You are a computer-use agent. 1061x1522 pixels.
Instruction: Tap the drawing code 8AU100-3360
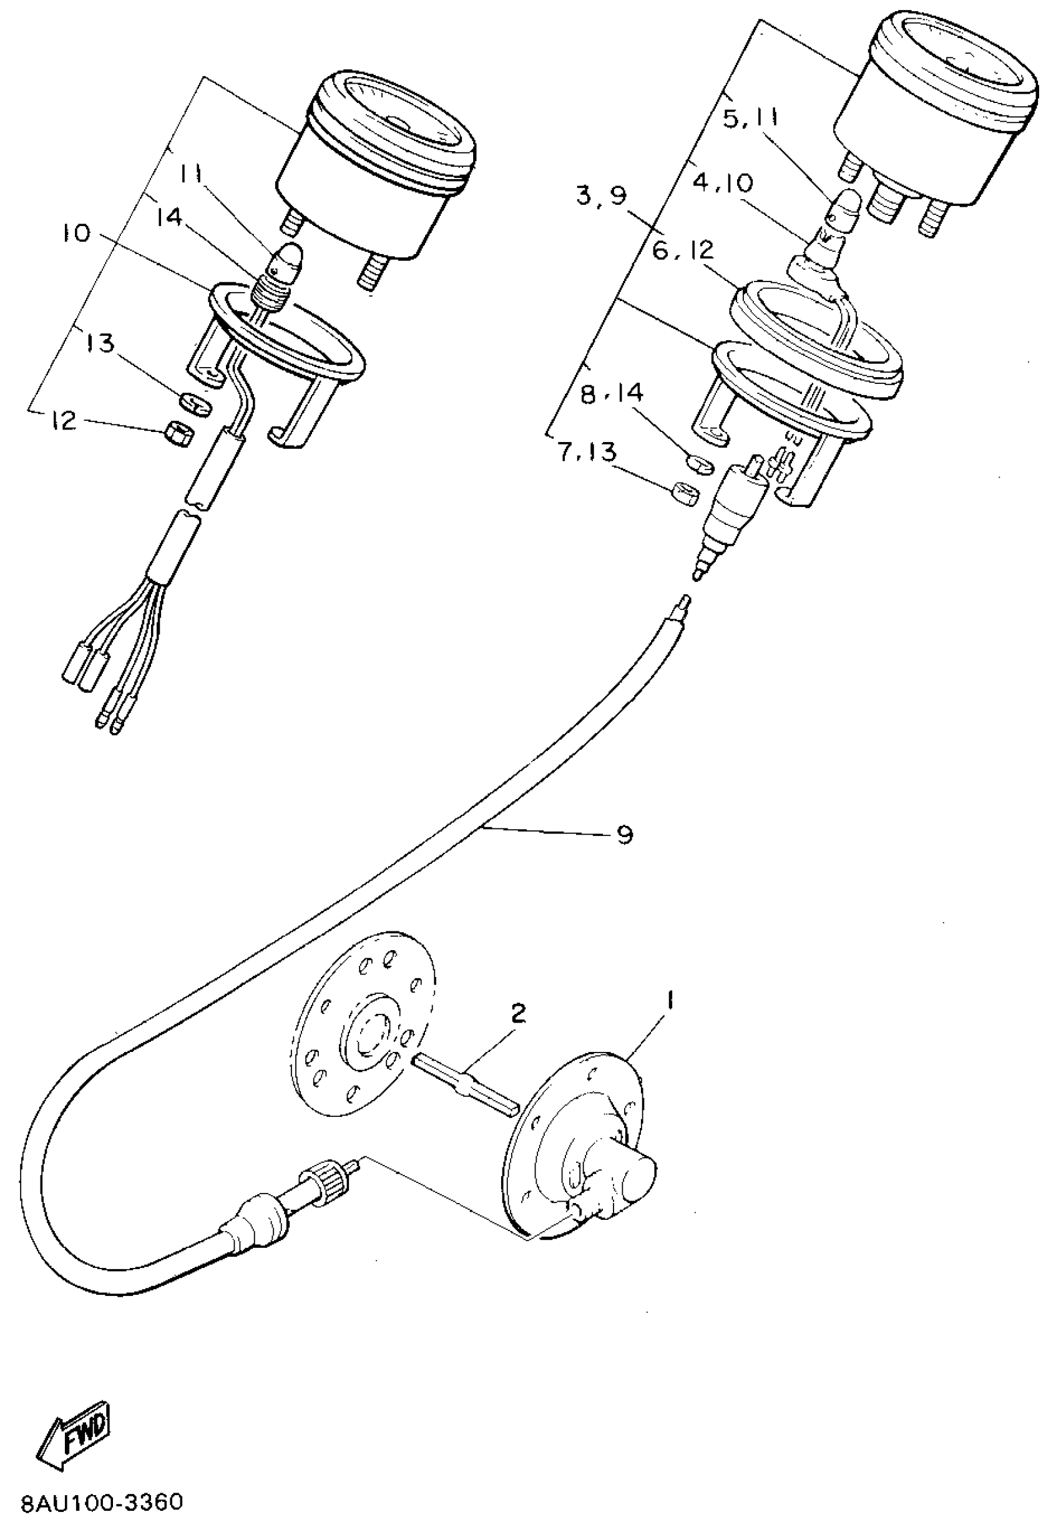coord(100,1501)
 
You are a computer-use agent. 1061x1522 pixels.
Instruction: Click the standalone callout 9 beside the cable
coord(624,834)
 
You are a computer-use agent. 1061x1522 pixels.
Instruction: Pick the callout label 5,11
coord(750,120)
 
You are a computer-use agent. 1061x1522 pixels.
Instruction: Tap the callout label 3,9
coord(600,196)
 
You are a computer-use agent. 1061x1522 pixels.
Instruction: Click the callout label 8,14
coord(612,395)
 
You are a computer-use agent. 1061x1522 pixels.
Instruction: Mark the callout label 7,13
coord(587,453)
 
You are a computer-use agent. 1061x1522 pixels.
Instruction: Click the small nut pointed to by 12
coord(178,435)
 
